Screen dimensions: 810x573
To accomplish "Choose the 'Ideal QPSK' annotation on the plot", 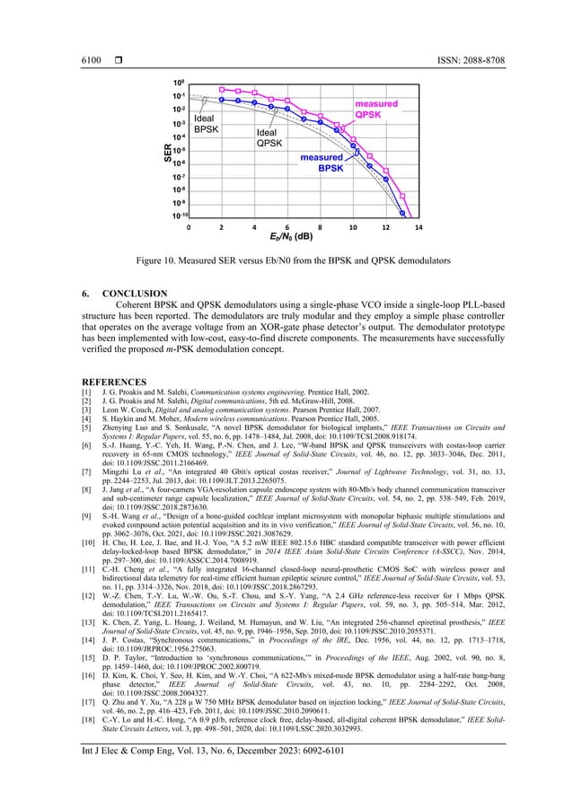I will pos(269,137).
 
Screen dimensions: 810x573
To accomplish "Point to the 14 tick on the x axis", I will pos(418,228).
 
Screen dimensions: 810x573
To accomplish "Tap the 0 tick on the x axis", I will pos(188,228).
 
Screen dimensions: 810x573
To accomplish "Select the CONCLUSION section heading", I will pos(135,293).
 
